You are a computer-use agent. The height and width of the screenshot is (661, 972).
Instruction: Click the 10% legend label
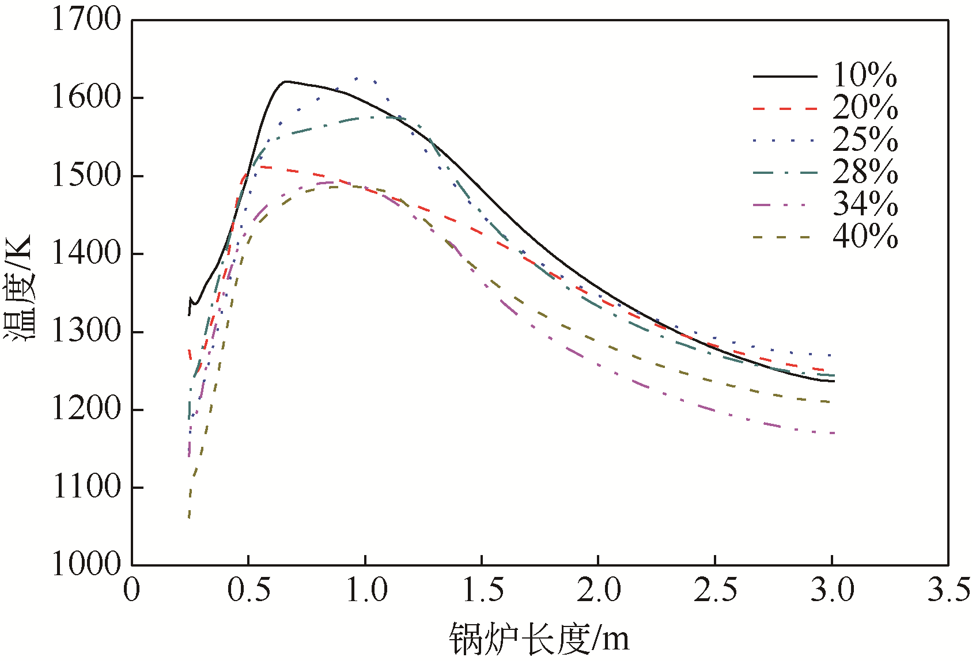(865, 75)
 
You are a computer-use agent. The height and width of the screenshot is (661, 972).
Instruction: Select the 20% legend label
(865, 108)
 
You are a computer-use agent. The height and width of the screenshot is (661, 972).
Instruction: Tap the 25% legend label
(865, 140)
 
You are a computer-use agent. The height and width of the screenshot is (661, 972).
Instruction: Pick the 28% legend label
(865, 172)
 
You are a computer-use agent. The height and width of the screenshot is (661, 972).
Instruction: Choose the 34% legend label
(865, 204)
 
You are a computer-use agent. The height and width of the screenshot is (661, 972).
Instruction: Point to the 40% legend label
(865, 237)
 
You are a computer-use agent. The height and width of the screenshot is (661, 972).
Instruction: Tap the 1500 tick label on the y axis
(87, 176)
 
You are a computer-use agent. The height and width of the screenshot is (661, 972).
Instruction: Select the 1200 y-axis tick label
(87, 409)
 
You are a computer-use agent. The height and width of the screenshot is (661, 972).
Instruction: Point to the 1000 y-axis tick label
(87, 564)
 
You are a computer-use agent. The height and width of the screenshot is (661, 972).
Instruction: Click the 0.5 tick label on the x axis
(249, 591)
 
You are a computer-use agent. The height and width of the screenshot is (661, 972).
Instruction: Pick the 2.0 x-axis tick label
(599, 591)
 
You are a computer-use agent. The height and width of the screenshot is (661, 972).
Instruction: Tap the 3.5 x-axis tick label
(948, 591)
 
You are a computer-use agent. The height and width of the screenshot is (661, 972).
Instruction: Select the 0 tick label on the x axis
(132, 591)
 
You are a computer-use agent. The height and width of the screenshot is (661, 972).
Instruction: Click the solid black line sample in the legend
(785, 76)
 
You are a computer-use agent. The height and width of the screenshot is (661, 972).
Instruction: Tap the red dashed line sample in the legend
(785, 108)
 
